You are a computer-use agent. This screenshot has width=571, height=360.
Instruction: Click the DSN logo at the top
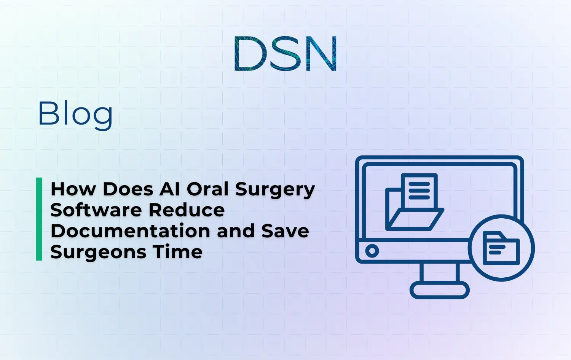pyautogui.click(x=285, y=54)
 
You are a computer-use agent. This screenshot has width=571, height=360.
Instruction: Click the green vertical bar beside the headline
pyautogui.click(x=39, y=219)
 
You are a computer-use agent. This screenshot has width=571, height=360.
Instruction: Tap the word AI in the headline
pyautogui.click(x=170, y=189)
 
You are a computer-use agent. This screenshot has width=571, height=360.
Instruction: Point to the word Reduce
pyautogui.click(x=187, y=210)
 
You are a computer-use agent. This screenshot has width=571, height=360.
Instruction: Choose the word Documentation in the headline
pyautogui.click(x=130, y=231)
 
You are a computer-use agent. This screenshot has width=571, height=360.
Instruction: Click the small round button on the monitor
pyautogui.click(x=372, y=251)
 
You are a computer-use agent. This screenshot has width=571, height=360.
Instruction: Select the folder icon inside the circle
pyautogui.click(x=501, y=248)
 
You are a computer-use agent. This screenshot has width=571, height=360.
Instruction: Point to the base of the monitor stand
pyautogui.click(x=439, y=291)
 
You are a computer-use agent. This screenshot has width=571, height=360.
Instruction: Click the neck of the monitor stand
pyautogui.click(x=439, y=272)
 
